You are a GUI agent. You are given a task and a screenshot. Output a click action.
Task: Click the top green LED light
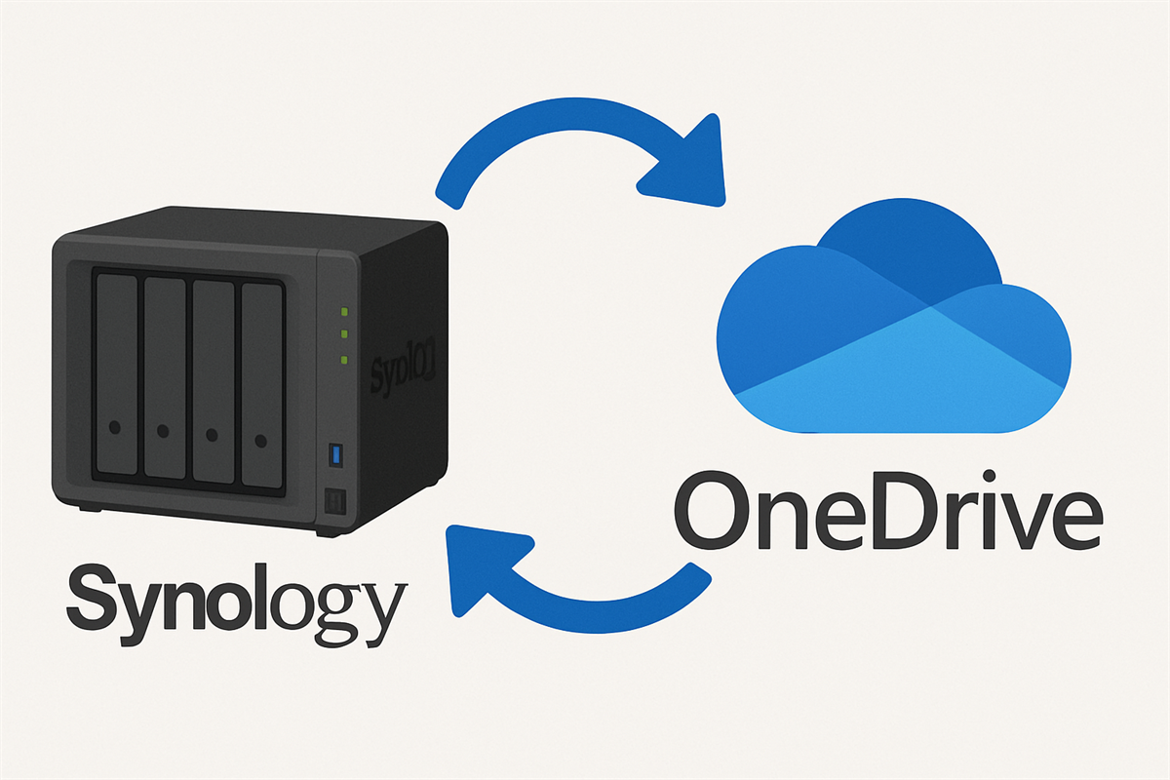click(x=343, y=313)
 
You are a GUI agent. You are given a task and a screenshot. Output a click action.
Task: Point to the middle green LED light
click(x=343, y=335)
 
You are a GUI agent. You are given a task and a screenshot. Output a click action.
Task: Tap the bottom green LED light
click(x=343, y=360)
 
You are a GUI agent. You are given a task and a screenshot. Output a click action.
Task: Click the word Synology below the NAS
click(x=234, y=598)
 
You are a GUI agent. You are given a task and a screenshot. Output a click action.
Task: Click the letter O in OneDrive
click(x=711, y=513)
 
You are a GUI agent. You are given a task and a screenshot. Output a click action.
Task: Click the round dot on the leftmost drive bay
click(x=116, y=427)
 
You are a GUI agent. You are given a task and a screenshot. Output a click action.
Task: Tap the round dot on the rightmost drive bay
click(x=259, y=440)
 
